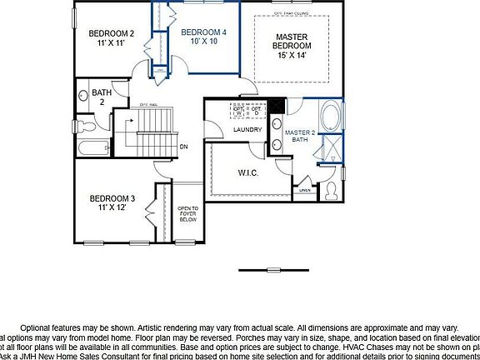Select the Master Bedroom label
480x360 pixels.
[292, 42]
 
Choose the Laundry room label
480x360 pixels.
[247, 129]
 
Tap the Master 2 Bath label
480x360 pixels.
[300, 136]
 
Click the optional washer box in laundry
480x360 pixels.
[238, 111]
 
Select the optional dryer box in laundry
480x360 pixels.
[257, 111]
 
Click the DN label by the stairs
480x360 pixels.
[184, 147]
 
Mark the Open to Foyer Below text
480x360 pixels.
[187, 215]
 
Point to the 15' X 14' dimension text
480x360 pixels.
[292, 54]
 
